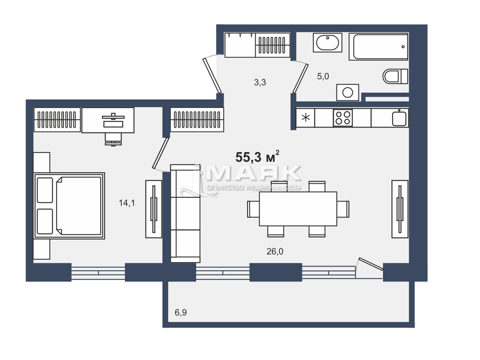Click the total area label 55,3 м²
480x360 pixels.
pos(257,156)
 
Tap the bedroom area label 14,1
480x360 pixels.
pos(127,203)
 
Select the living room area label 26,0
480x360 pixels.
pos(275,252)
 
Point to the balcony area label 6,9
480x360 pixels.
pos(180,312)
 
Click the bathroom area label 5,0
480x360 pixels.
pos(323,76)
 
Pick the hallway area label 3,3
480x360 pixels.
pos(260,82)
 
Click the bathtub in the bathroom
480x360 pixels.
pos(379,47)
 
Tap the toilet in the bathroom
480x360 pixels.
pos(395,76)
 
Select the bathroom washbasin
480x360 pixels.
pos(327,43)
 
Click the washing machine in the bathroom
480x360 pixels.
pos(348,93)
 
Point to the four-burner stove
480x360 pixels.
pos(343,118)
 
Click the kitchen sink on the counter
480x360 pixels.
pos(399,118)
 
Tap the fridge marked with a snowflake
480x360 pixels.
pos(305,118)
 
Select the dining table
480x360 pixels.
pos(298,209)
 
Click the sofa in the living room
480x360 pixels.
pos(185,214)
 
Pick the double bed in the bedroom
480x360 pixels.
pos(69,205)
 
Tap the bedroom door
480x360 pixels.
pos(161,154)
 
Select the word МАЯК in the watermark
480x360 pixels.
pos(253,173)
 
